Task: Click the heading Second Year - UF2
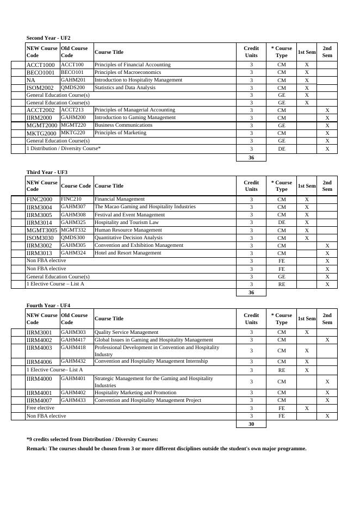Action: pyautogui.click(x=48, y=38)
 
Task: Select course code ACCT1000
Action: pyautogui.click(x=41, y=65)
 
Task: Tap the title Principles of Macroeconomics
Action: pyautogui.click(x=128, y=72)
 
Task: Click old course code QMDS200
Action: pyautogui.click(x=73, y=88)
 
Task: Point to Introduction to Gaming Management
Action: pyautogui.click(x=135, y=117)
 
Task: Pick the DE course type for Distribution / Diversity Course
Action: pyautogui.click(x=281, y=148)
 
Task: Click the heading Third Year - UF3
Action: pyautogui.click(x=47, y=172)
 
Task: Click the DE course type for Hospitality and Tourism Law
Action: pyautogui.click(x=281, y=222)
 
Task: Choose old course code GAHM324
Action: pyautogui.click(x=73, y=253)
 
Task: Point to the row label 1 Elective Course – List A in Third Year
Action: pyautogui.click(x=55, y=284)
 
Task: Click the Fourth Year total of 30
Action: pyautogui.click(x=251, y=424)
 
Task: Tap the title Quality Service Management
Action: pyautogui.click(x=127, y=332)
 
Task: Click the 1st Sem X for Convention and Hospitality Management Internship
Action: pyautogui.click(x=307, y=362)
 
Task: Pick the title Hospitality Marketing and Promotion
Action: pyautogui.click(x=135, y=393)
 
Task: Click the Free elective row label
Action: pyautogui.click(x=41, y=408)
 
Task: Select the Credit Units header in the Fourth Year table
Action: pyautogui.click(x=251, y=319)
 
